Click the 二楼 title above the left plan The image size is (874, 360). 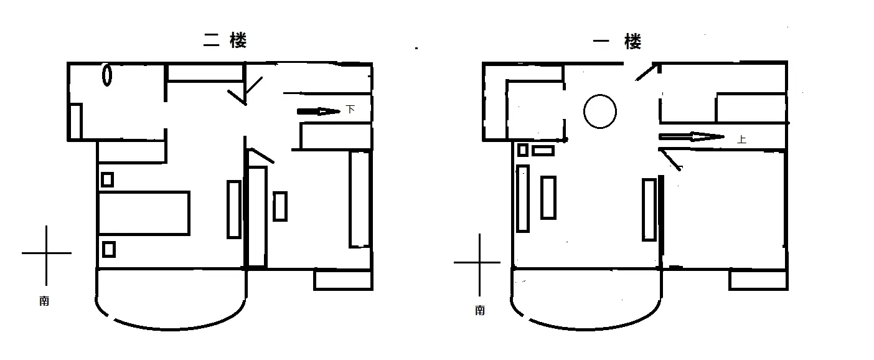[225, 40]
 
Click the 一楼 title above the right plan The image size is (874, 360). [617, 41]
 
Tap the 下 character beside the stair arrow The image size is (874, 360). [350, 109]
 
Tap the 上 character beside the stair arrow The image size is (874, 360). [741, 139]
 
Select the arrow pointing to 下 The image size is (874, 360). [318, 111]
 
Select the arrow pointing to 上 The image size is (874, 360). [692, 136]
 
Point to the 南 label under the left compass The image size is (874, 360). [44, 301]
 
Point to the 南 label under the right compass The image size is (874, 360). [480, 310]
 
